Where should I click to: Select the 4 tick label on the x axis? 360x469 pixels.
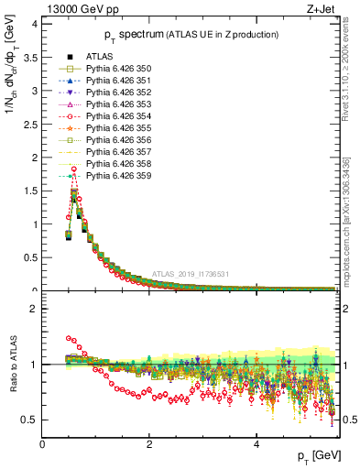pos(256,444)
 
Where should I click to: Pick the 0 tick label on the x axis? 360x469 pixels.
pos(42,444)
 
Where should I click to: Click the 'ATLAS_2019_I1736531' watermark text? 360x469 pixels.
pos(191,274)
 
